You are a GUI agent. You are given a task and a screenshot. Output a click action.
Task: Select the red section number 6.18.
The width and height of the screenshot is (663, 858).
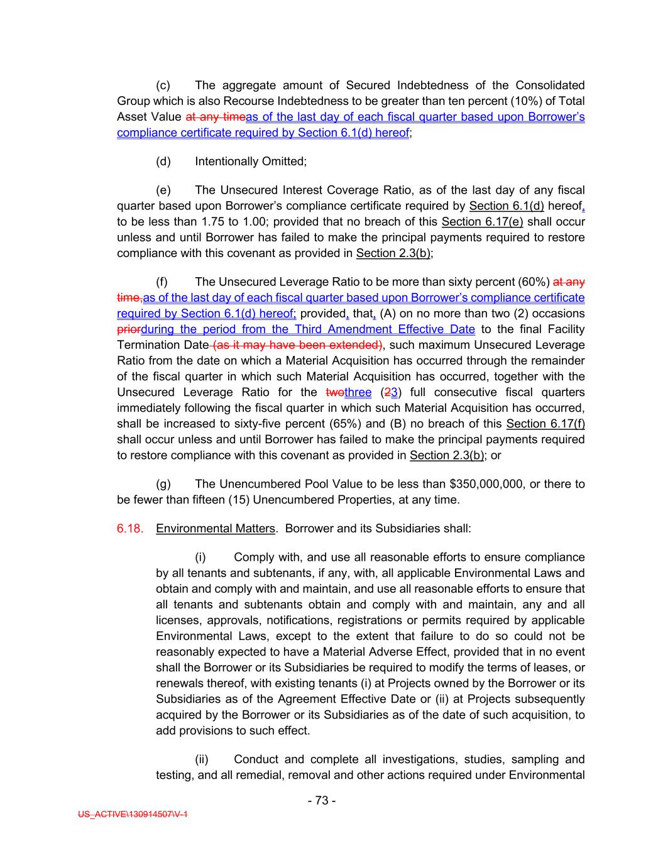[129, 528]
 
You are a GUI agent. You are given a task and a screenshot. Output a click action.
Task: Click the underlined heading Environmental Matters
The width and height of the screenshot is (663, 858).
[215, 528]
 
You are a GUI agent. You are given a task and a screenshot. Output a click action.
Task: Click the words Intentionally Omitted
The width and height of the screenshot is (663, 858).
[250, 161]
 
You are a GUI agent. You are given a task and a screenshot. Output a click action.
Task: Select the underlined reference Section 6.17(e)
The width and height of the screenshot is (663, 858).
[482, 221]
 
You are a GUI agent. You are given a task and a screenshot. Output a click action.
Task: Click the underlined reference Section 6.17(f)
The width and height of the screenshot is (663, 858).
[545, 424]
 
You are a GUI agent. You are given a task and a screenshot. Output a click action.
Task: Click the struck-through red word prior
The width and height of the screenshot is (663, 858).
[129, 329]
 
